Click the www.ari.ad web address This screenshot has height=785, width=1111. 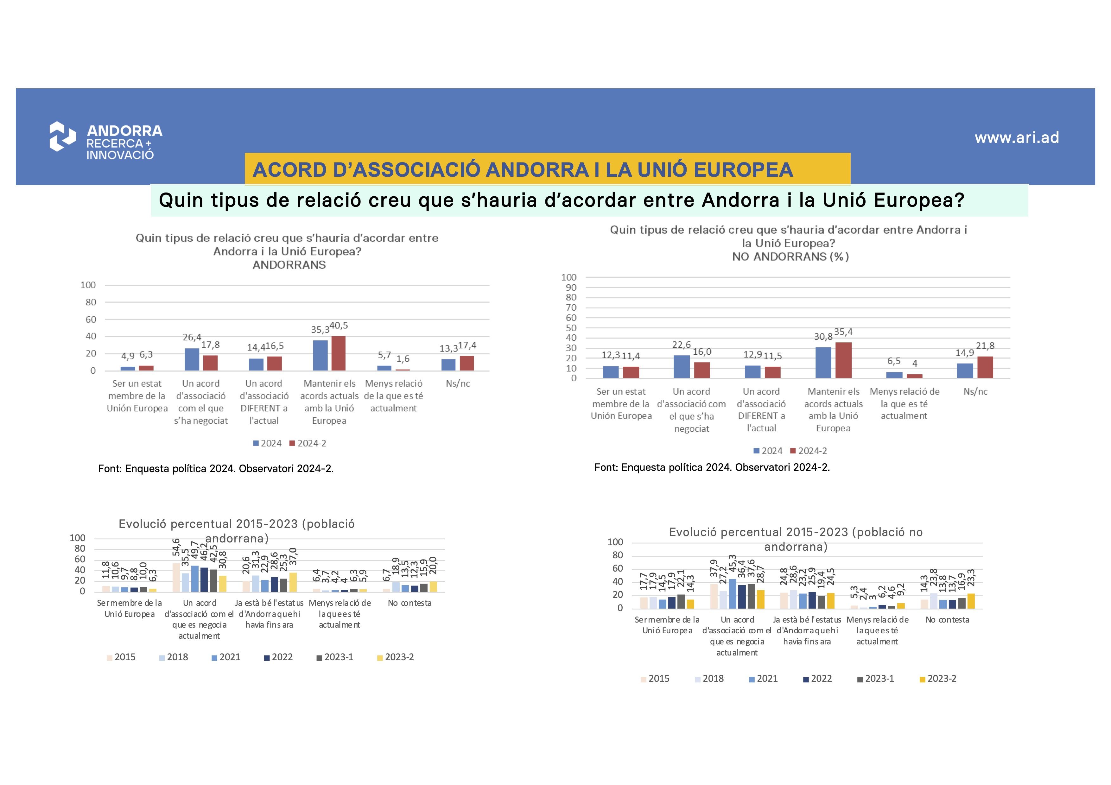(1017, 138)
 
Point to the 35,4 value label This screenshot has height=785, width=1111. (843, 332)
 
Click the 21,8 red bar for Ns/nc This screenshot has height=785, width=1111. (985, 368)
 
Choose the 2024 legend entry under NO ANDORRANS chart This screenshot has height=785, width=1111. (768, 451)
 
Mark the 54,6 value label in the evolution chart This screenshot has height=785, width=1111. (176, 548)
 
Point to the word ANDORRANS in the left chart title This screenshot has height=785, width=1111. (289, 265)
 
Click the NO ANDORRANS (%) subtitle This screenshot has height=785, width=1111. (790, 257)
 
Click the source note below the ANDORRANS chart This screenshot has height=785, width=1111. (216, 469)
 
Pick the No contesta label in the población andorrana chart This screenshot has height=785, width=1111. (409, 603)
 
